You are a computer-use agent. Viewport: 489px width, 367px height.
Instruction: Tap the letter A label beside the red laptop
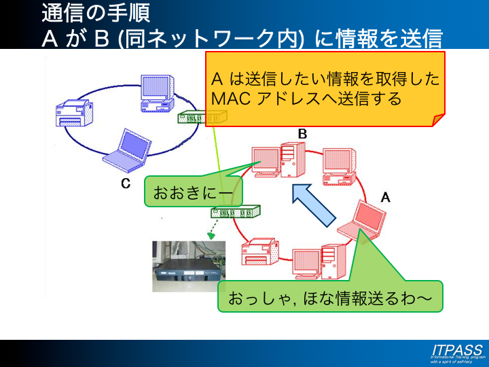point(385,197)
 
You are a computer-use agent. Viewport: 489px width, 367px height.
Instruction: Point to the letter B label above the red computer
point(302,134)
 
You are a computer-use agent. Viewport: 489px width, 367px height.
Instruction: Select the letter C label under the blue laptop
point(126,183)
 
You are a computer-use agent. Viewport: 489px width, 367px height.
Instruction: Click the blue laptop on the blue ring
point(126,147)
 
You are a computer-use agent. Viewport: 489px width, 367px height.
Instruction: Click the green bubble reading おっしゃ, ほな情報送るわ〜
point(329,298)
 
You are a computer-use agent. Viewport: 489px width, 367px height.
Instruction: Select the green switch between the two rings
point(236,211)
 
